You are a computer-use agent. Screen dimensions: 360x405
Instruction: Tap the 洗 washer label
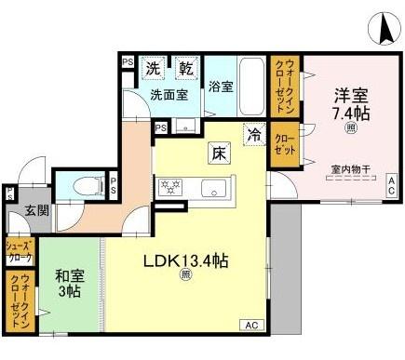tap(153, 68)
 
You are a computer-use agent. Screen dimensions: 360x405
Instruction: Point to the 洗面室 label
tap(169, 93)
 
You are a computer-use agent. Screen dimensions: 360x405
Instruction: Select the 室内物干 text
tap(349, 169)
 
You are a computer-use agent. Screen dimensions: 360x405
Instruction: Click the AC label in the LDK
tap(251, 325)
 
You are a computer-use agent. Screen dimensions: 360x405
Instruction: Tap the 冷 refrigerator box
tap(253, 133)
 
